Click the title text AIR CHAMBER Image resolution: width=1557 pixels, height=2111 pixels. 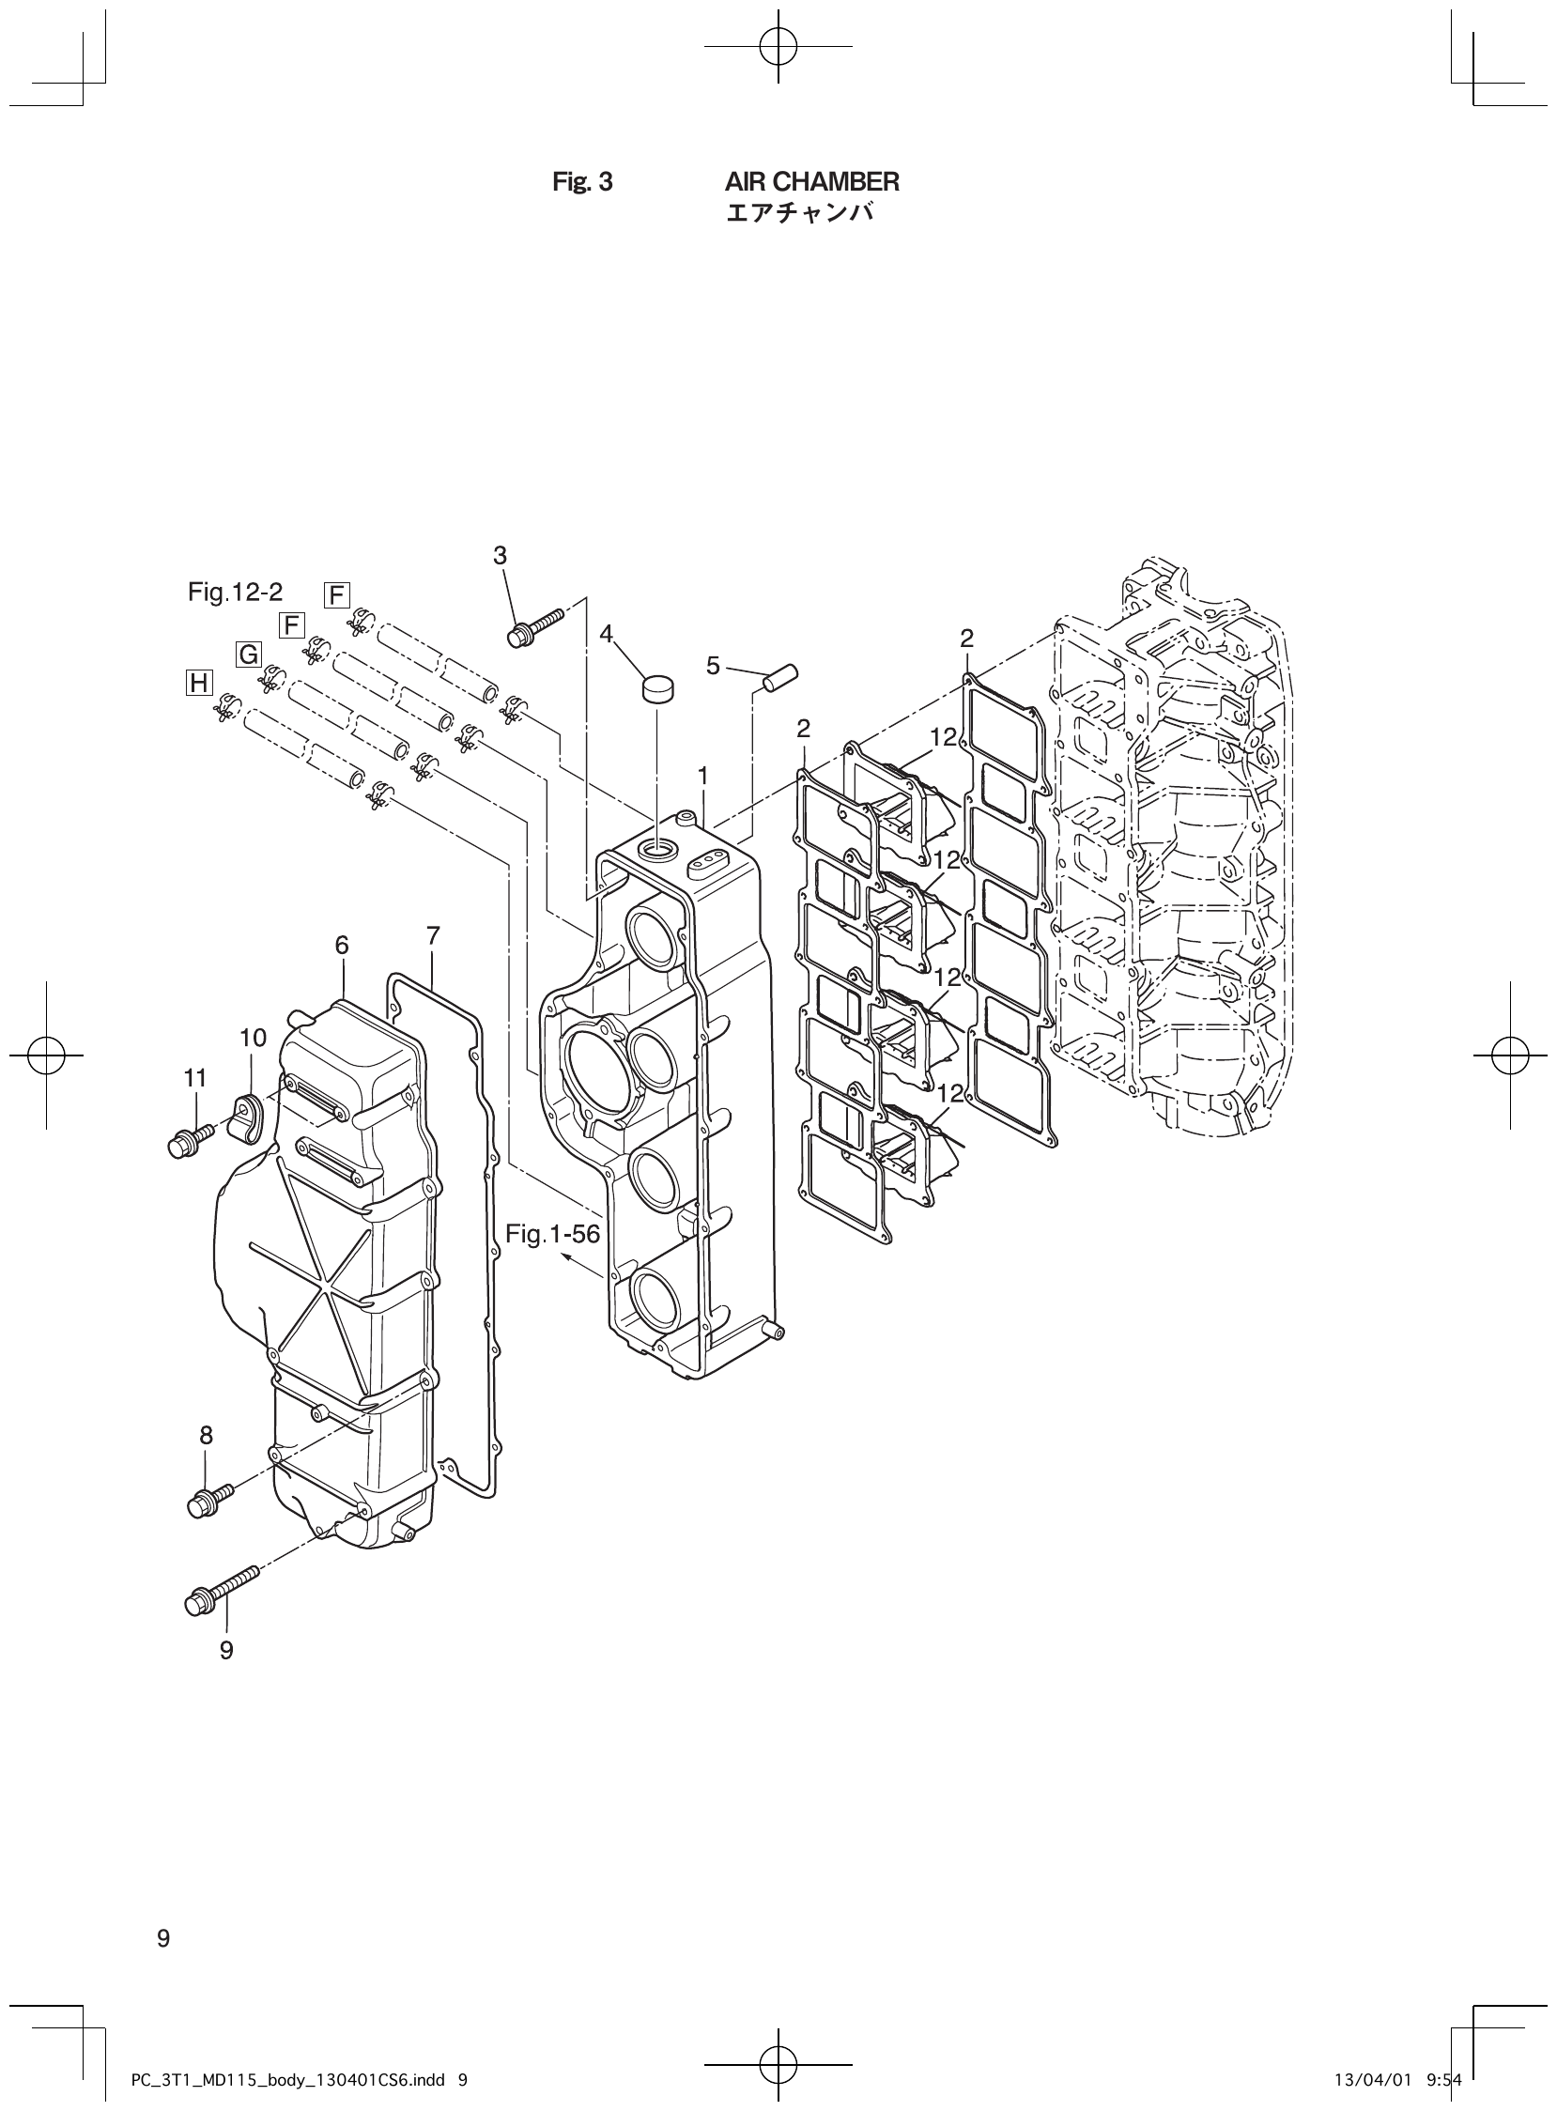click(811, 181)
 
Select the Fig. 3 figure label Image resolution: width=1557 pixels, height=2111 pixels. click(581, 181)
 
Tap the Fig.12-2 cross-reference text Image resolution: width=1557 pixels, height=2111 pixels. click(235, 592)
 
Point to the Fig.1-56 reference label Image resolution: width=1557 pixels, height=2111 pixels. click(552, 1234)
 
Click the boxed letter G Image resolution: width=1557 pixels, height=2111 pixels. click(248, 654)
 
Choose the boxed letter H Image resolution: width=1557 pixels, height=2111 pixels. click(199, 683)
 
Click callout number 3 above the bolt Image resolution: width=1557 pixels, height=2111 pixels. click(500, 556)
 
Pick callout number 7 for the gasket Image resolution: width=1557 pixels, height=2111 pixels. click(433, 936)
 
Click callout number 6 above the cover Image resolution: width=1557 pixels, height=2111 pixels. click(341, 945)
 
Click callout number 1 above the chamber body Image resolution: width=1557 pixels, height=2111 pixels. click(703, 776)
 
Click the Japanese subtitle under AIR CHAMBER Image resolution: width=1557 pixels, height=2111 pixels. click(799, 214)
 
